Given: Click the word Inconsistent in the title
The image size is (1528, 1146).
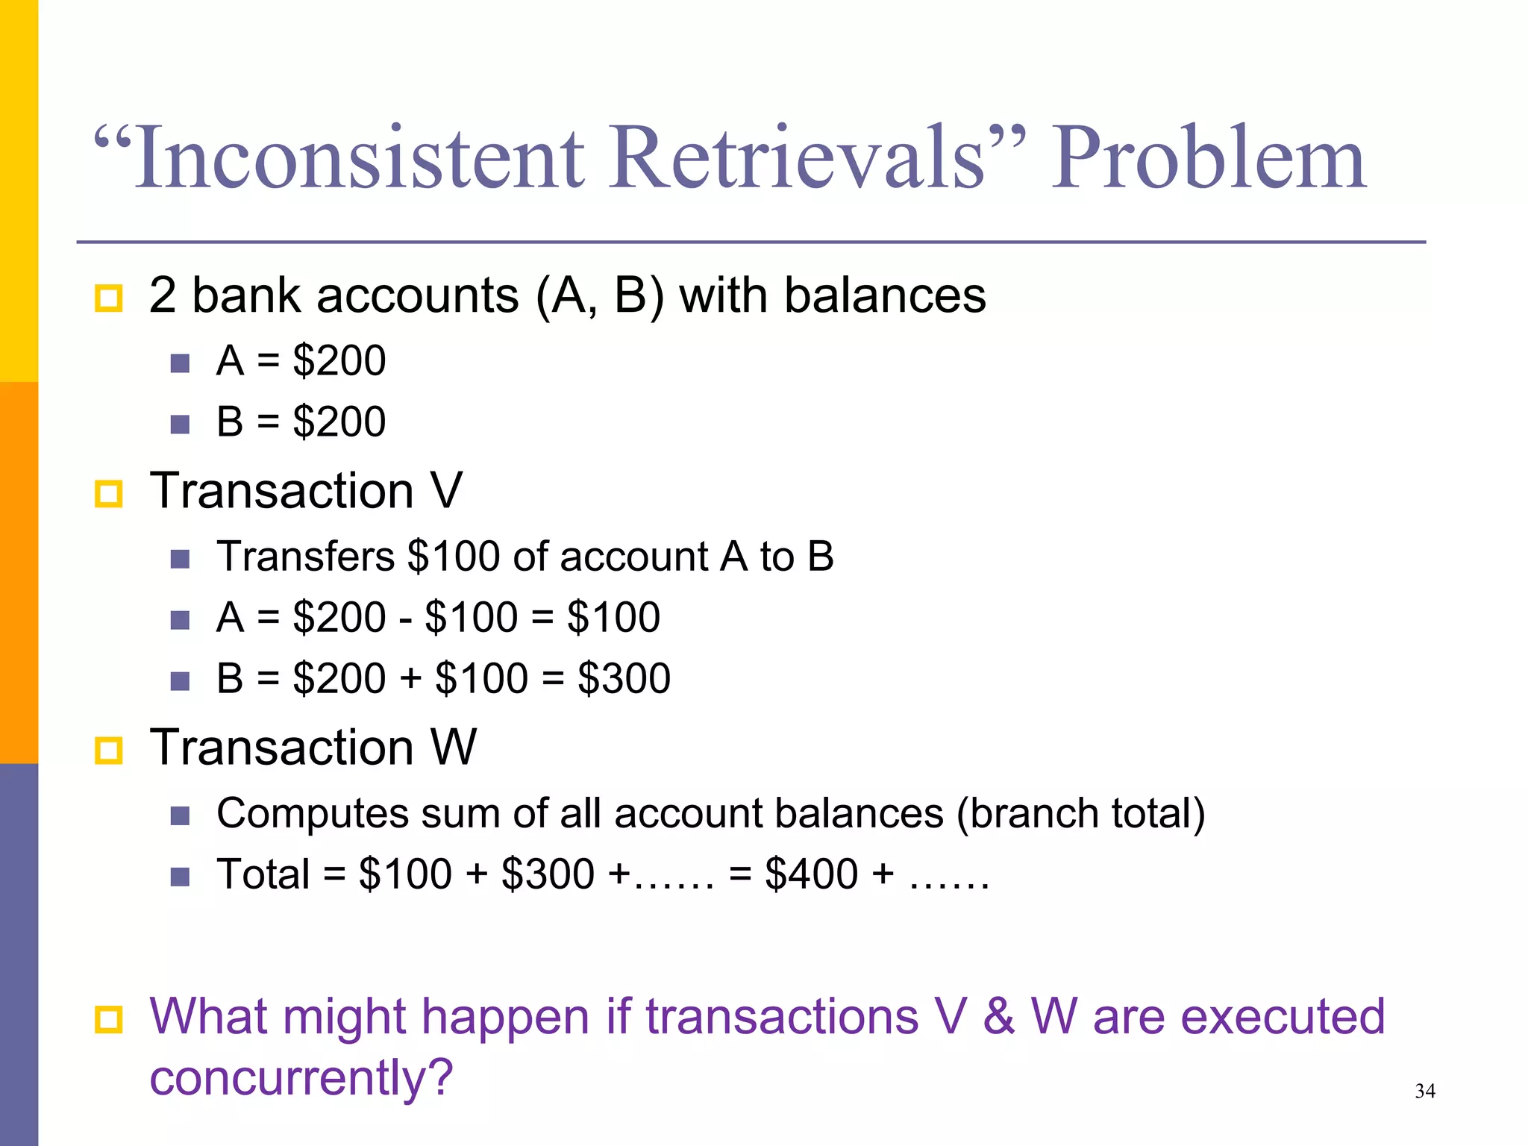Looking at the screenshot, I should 359,158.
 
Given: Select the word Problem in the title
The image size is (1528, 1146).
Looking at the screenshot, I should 1208,158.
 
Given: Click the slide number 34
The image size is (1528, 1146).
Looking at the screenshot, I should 1424,1092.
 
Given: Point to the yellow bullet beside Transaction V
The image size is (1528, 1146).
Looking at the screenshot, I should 109,494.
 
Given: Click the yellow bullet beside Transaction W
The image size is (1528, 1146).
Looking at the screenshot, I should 109,750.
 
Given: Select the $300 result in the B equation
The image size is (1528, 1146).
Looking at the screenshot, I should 624,678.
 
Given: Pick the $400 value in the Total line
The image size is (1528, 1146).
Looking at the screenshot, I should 811,874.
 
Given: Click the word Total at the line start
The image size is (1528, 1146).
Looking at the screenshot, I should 263,874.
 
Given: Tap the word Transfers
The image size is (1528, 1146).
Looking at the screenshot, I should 305,557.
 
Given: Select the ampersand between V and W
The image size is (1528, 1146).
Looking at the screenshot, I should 998,1016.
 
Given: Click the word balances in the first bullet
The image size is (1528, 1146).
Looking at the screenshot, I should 884,295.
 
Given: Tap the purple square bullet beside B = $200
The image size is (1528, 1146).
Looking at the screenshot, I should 180,425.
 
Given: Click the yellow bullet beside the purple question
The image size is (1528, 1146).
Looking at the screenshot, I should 109,1020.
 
